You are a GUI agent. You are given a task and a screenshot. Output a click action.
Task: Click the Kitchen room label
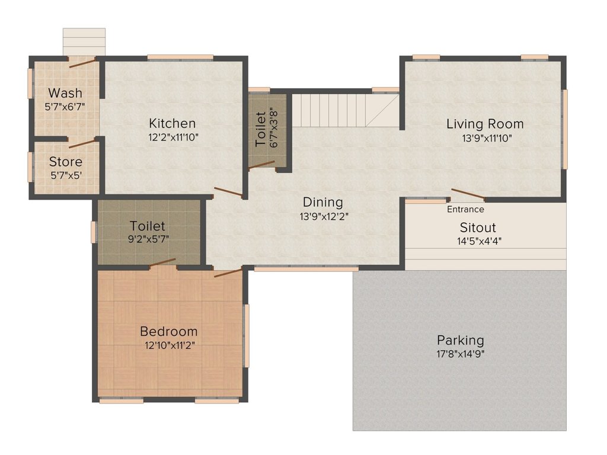pos(172,123)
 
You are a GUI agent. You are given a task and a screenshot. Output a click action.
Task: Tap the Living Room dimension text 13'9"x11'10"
pos(487,137)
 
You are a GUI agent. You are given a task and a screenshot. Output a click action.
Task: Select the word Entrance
pos(465,209)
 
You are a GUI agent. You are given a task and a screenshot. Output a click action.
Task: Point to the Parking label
pos(460,341)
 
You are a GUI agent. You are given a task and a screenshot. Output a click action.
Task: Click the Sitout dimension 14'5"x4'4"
pos(479,241)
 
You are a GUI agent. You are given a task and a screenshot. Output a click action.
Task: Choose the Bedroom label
pos(169,331)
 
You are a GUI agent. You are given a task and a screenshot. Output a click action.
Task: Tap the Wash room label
pos(65,93)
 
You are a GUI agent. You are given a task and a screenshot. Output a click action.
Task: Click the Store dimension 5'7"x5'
pos(66,175)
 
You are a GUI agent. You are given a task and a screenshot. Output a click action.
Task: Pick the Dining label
pos(323,203)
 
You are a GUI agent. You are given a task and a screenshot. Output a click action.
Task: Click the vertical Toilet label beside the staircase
pos(261,129)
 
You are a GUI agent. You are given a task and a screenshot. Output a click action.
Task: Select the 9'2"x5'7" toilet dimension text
pos(148,239)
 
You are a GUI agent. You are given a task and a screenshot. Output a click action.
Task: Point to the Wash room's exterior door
pos(82,63)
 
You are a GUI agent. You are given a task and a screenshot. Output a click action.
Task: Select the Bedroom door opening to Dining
pos(228,272)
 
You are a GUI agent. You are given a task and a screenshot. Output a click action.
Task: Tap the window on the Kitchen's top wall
pos(180,57)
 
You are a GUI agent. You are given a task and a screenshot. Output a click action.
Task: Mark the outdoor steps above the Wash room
pos(84,42)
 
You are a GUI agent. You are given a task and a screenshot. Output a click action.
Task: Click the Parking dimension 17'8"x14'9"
pos(461,354)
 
